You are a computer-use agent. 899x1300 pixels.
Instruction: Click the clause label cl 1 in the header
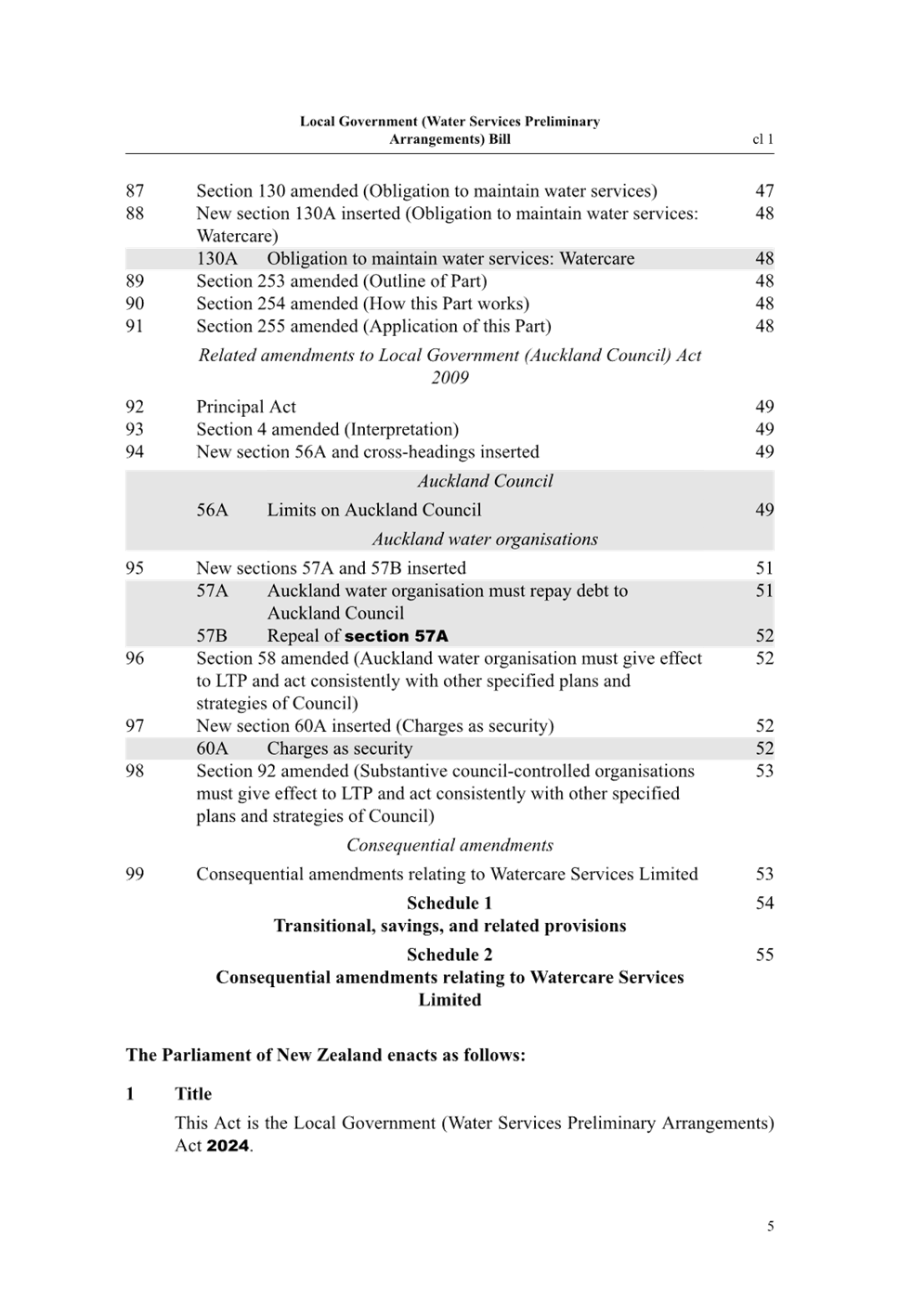(x=762, y=139)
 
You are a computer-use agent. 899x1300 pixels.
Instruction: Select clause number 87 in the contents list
(x=135, y=190)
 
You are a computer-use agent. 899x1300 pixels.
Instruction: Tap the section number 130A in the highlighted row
(x=216, y=258)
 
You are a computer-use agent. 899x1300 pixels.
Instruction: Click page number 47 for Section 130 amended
(x=764, y=190)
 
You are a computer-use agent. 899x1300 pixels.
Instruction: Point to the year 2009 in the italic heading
(x=449, y=377)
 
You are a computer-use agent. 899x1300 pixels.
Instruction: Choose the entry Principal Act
(x=246, y=406)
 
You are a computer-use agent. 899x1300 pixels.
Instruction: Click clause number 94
(x=135, y=451)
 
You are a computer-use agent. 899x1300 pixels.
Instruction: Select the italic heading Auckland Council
(x=485, y=481)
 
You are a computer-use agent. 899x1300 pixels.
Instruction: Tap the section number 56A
(x=212, y=510)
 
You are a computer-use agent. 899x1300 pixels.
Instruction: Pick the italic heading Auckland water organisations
(x=485, y=539)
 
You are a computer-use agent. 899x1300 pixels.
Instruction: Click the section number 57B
(x=212, y=636)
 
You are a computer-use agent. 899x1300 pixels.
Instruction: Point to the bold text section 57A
(x=397, y=636)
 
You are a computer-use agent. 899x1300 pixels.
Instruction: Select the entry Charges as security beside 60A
(x=340, y=748)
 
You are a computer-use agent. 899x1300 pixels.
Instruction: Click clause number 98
(x=135, y=771)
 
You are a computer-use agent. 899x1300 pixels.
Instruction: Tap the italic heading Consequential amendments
(x=449, y=845)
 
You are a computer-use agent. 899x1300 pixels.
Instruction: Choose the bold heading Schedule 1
(x=449, y=903)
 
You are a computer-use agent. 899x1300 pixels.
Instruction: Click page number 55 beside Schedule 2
(x=764, y=955)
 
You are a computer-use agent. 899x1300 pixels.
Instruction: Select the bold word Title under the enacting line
(x=194, y=1094)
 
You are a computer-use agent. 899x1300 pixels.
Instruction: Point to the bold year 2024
(x=228, y=1146)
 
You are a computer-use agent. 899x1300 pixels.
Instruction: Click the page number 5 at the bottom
(x=770, y=1226)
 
